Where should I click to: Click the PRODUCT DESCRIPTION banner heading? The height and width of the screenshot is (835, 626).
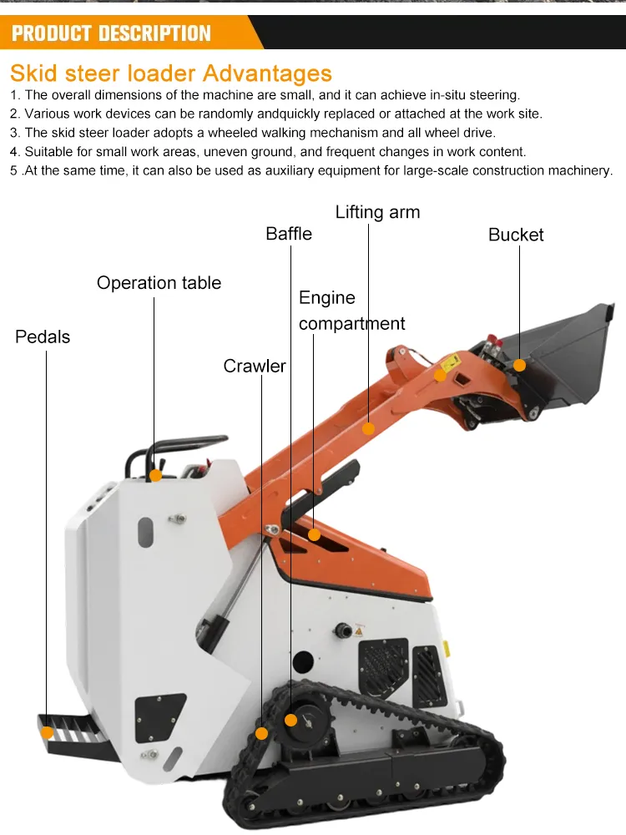click(111, 33)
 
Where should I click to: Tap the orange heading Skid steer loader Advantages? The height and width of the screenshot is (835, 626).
click(171, 73)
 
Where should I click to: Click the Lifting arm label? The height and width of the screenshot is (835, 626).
click(377, 212)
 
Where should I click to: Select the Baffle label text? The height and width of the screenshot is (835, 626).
click(289, 234)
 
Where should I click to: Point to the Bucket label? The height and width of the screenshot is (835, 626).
click(516, 235)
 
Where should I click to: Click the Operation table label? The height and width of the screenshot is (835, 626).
click(159, 283)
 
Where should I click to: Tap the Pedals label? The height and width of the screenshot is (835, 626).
click(43, 337)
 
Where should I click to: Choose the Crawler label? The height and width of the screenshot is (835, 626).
click(255, 366)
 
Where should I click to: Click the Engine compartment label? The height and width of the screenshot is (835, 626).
click(352, 311)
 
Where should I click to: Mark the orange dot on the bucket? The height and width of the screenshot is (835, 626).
click(519, 366)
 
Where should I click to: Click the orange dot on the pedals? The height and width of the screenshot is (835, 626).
click(47, 733)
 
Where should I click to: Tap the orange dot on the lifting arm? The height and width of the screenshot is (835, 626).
click(368, 428)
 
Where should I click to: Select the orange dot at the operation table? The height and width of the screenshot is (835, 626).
click(155, 476)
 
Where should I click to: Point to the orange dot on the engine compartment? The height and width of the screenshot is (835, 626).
click(314, 534)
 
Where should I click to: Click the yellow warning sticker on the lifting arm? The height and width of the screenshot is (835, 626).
click(451, 362)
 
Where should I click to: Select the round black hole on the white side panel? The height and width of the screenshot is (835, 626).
click(303, 662)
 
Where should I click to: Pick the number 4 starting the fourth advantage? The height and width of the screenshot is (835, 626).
click(14, 152)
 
